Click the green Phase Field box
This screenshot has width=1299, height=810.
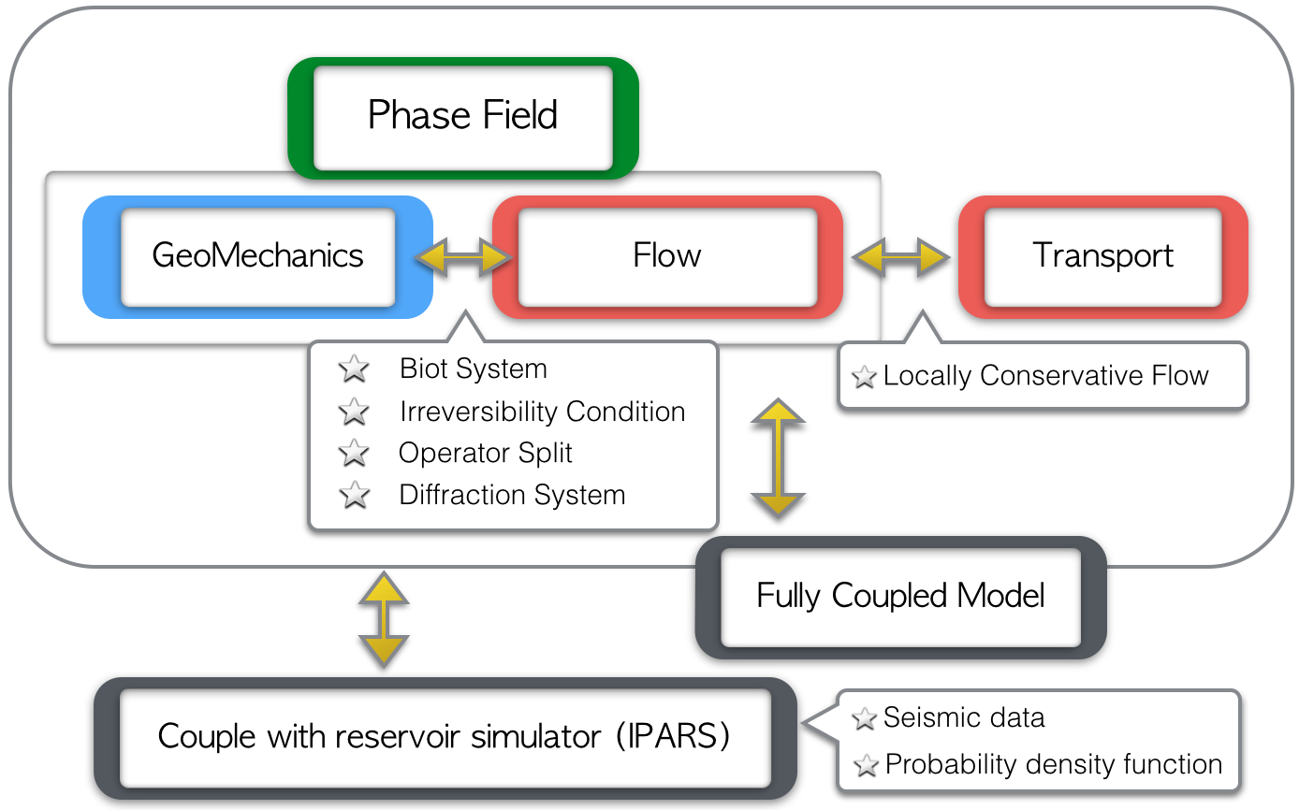coord(462,118)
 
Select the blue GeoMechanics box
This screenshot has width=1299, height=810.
coord(257,256)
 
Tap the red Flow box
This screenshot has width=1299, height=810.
coord(667,256)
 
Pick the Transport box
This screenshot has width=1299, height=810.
coord(1103,256)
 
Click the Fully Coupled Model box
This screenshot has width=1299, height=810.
coord(900,598)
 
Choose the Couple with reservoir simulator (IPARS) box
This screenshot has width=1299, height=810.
coord(445,738)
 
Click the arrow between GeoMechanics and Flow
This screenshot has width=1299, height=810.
coord(463,256)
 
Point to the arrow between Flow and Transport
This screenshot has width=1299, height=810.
coord(900,256)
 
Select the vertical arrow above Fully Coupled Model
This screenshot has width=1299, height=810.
coord(778,457)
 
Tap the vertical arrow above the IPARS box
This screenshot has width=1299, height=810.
coord(384,619)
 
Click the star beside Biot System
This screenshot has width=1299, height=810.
coord(354,369)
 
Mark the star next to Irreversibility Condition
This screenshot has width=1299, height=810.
coord(354,412)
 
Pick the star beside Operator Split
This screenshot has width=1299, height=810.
coord(354,453)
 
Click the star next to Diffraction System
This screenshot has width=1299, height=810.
coord(355,495)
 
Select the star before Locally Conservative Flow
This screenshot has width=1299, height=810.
coord(864,377)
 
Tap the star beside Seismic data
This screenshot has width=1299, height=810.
coord(864,718)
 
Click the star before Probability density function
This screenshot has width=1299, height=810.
coord(866,765)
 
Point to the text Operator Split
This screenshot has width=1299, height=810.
coord(486,453)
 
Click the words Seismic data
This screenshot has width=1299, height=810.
coord(964,717)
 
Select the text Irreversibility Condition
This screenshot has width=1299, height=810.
coord(543,412)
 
